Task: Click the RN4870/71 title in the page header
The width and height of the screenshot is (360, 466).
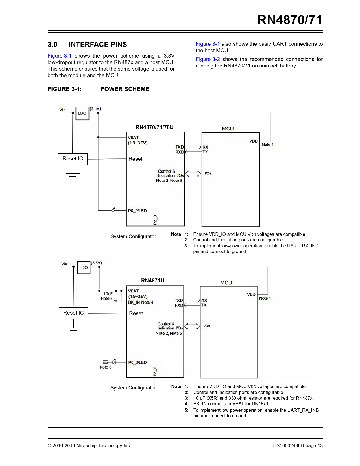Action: [290, 20]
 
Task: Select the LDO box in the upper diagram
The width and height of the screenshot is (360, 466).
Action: [82, 113]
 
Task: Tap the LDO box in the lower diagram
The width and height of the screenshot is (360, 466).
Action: [84, 267]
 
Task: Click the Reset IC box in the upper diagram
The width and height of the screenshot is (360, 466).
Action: [73, 159]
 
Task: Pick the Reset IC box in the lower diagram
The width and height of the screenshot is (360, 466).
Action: [73, 313]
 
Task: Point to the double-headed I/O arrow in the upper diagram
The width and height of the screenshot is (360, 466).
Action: [193, 173]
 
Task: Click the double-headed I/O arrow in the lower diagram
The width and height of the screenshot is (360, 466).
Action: [192, 326]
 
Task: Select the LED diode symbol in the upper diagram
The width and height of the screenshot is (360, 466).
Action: [114, 210]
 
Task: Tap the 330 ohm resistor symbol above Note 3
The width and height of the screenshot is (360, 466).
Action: [106, 362]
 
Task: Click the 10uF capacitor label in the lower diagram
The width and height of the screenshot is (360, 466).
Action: [108, 294]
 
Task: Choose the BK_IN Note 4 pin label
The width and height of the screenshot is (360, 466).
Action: [140, 302]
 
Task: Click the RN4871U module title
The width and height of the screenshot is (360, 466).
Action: [153, 280]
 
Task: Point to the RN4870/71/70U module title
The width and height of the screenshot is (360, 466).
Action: [155, 127]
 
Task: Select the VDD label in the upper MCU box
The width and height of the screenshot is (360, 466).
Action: [254, 141]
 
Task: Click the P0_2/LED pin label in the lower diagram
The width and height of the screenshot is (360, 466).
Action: [138, 362]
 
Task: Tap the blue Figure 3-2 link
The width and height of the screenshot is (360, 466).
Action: [208, 59]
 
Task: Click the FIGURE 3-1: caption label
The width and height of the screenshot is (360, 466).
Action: [65, 89]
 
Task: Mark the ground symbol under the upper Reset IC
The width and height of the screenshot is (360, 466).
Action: [73, 175]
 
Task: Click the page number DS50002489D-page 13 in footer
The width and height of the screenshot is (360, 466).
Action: [298, 445]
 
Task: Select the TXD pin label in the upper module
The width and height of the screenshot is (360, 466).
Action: [180, 147]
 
